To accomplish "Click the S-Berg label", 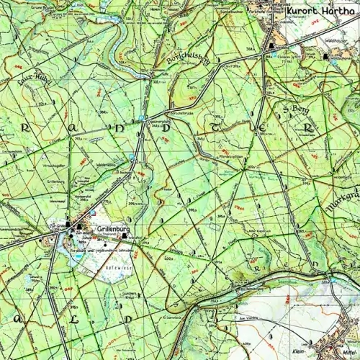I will [x=296, y=109].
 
